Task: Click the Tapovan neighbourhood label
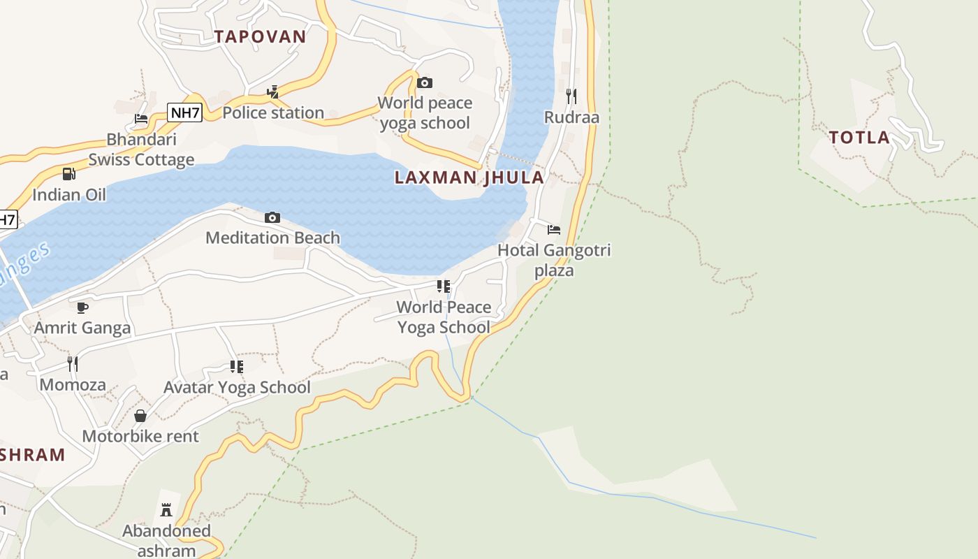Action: pos(260,37)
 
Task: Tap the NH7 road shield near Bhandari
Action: pos(185,112)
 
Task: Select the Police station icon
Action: pos(273,92)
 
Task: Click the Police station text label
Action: pos(273,112)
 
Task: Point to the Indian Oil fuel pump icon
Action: pos(68,174)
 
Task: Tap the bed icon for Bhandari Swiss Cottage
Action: pos(141,118)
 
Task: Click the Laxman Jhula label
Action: pos(469,177)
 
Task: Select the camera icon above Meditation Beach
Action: pos(272,218)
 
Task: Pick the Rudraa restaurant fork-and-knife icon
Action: pos(571,96)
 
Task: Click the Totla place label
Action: pos(859,138)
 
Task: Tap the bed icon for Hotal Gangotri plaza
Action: pos(554,229)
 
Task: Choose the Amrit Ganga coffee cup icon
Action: pos(82,307)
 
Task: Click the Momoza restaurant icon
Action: pos(72,363)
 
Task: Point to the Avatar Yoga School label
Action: pos(237,387)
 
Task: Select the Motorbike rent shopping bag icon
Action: pos(140,416)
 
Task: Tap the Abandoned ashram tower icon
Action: pos(166,510)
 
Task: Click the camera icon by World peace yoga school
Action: pos(424,83)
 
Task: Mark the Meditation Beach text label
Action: pos(272,238)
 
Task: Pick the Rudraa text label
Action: pos(571,117)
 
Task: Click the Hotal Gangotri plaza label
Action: pos(554,260)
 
